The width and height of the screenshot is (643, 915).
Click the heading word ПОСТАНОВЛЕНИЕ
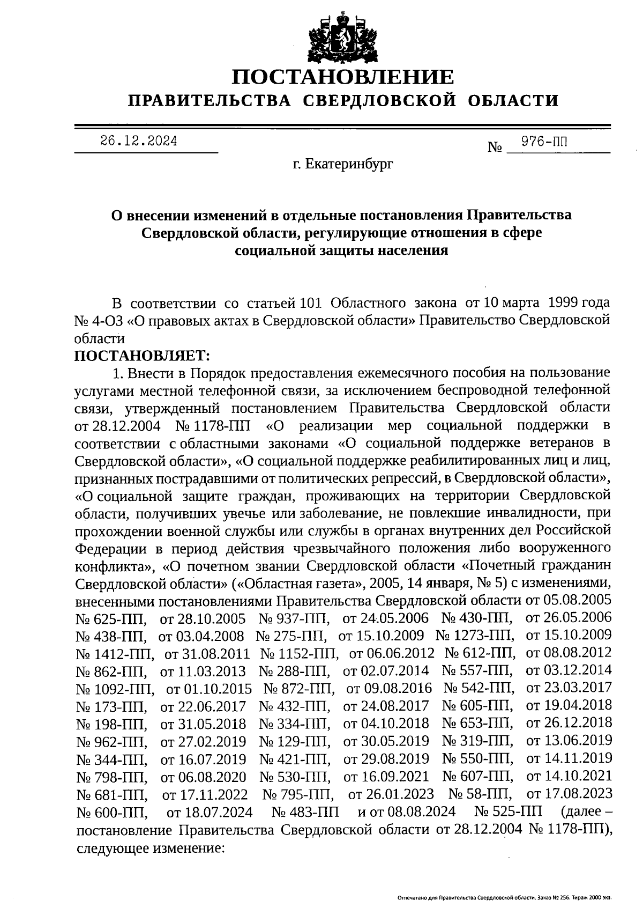(343, 77)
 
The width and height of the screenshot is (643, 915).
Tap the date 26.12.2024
(139, 142)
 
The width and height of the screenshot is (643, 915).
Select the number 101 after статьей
(310, 303)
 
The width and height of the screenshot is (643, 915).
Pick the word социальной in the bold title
(271, 250)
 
